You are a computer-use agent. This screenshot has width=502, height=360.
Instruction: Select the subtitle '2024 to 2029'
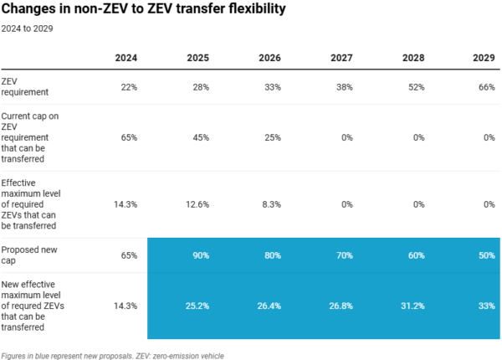click(27, 28)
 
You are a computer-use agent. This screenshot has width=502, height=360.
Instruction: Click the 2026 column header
click(269, 59)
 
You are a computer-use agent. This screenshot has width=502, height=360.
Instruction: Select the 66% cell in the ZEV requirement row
click(486, 87)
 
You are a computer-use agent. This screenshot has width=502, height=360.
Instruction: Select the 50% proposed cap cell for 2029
click(486, 255)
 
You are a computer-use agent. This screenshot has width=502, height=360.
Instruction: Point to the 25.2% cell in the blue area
click(196, 306)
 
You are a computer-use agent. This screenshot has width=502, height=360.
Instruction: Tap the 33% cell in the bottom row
click(486, 306)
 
